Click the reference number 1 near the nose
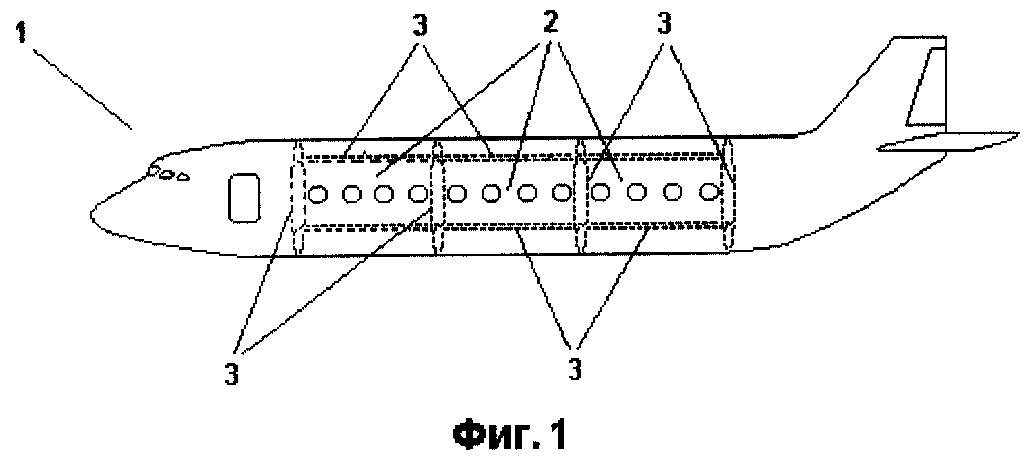click(x=21, y=29)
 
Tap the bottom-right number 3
click(x=574, y=369)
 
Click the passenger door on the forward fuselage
click(x=244, y=198)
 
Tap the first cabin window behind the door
click(x=317, y=194)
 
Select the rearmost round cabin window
click(x=709, y=191)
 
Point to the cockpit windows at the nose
click(x=167, y=174)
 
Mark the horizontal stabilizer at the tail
click(x=948, y=142)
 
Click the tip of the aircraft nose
click(x=92, y=214)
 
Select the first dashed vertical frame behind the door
click(x=298, y=196)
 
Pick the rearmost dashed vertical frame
click(x=729, y=194)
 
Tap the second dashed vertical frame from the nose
click(x=438, y=196)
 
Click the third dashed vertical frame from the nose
click(x=582, y=195)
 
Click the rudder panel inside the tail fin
click(x=925, y=87)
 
